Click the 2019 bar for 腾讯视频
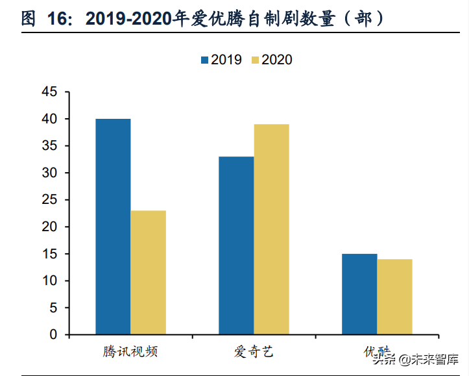(113, 227)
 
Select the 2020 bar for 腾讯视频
(148, 273)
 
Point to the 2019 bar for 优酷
(359, 294)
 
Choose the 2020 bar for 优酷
(394, 297)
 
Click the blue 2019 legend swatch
(204, 60)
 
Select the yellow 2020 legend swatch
(255, 60)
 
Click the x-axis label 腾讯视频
(130, 353)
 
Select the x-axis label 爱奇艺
(254, 353)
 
